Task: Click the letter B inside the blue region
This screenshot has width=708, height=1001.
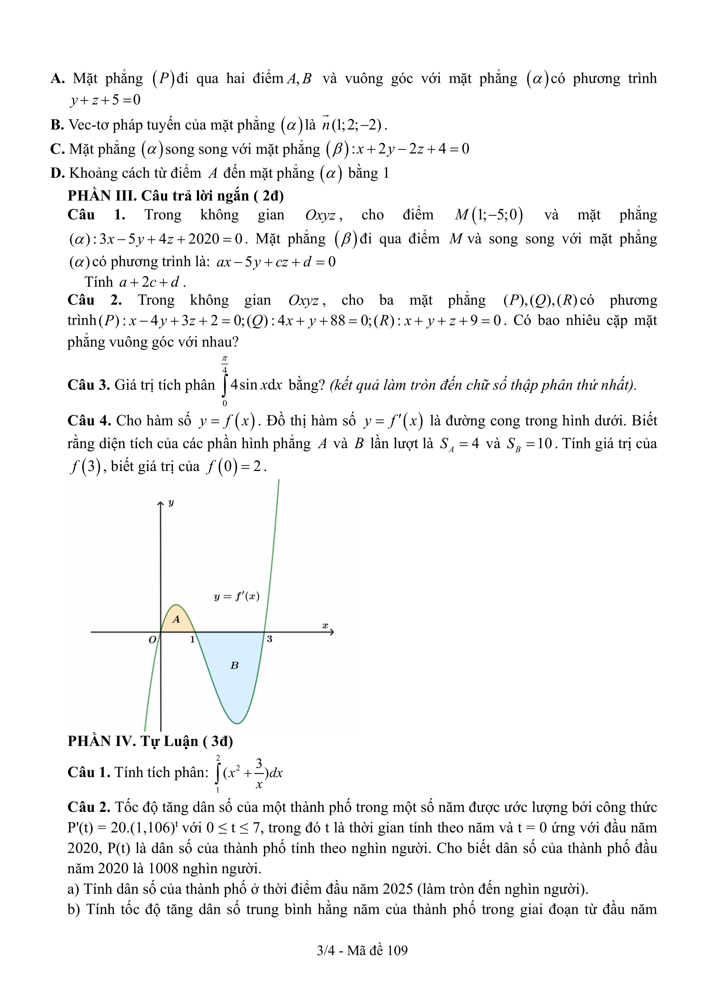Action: tap(234, 665)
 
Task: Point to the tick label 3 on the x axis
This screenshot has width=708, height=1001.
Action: tap(270, 639)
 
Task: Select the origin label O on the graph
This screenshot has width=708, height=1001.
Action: tap(152, 640)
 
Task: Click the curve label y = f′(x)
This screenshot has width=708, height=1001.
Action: tap(237, 596)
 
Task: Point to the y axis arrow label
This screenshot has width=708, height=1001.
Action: tap(171, 503)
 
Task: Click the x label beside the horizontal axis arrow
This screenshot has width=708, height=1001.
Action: tap(325, 626)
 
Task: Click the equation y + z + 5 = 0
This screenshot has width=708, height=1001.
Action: tap(105, 100)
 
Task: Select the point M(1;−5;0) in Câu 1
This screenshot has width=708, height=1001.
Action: tap(489, 215)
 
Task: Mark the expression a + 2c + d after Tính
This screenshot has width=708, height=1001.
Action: tap(149, 282)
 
